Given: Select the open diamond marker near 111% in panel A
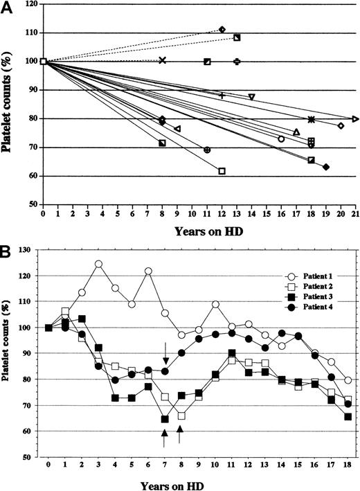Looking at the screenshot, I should point(222,29).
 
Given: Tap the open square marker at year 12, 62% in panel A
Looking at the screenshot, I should point(222,170).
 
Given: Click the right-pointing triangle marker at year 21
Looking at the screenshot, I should point(355,119).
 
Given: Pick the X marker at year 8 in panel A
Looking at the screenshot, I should point(162,61).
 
